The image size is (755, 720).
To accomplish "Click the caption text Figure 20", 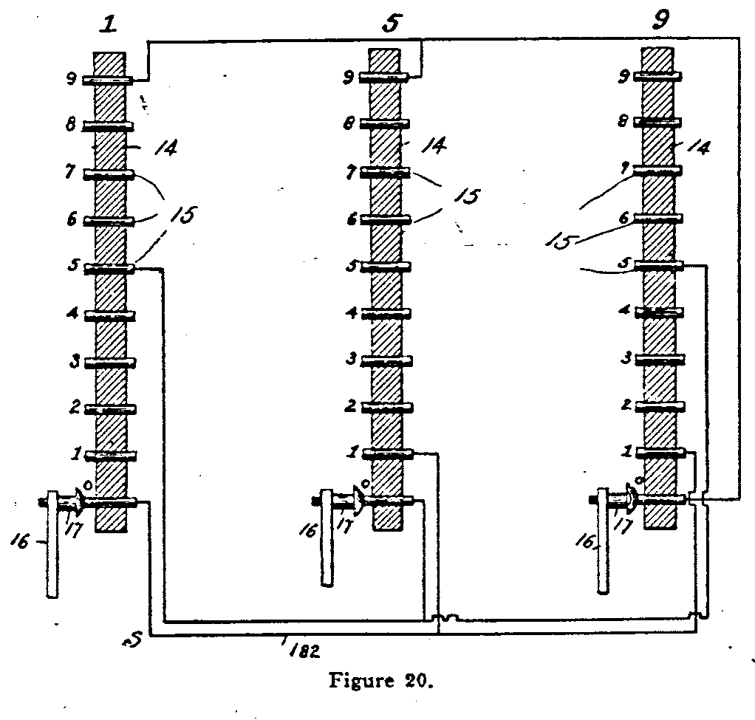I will (379, 680).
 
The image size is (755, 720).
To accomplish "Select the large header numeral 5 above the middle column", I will (391, 24).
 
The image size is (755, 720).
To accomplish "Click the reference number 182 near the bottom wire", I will (302, 650).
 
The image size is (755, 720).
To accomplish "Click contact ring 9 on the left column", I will (108, 80).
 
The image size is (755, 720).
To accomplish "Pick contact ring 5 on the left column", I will (109, 268).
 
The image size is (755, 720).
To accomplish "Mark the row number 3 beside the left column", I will (75, 362).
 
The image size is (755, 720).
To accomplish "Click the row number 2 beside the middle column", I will (352, 405).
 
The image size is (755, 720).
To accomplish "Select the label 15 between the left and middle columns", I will (183, 215).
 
